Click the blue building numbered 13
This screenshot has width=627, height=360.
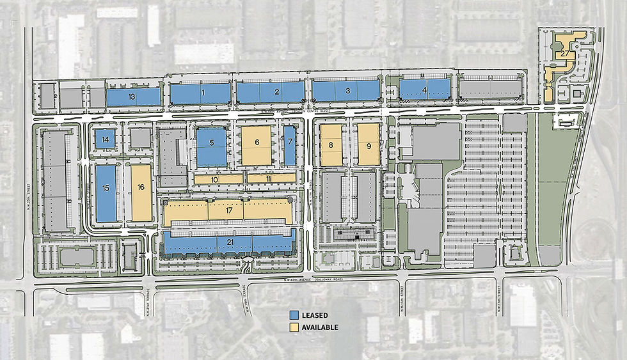click(132, 97)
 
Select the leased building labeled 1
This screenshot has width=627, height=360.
click(201, 93)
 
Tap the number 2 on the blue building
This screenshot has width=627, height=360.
click(277, 91)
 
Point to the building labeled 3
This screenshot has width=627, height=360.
click(347, 90)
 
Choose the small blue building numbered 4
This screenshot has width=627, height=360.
click(424, 90)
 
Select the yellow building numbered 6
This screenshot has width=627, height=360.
click(257, 144)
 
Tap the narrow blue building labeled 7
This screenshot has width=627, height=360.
click(290, 144)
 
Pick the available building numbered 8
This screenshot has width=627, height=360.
click(331, 145)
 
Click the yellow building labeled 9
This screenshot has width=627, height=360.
click(369, 145)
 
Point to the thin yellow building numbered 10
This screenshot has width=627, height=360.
click(215, 180)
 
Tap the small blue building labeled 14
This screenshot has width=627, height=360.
click(105, 139)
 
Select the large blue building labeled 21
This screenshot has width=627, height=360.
click(229, 242)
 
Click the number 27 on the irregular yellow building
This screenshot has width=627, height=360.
click(562, 54)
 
